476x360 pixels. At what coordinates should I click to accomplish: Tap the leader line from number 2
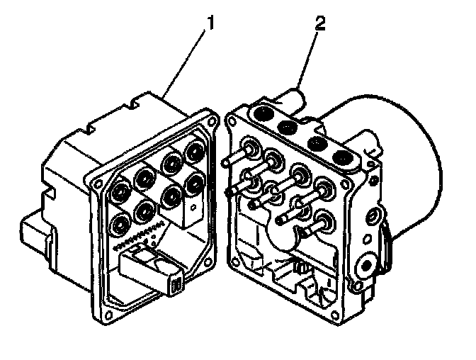(x=309, y=60)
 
